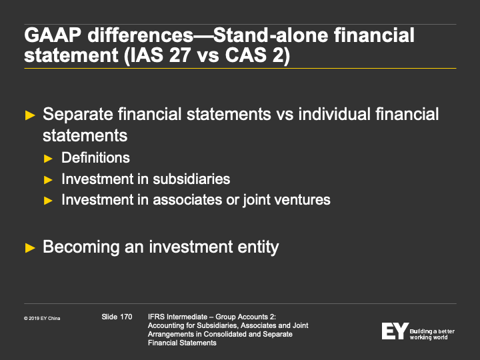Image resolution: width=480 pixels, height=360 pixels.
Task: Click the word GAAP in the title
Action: [x=53, y=35]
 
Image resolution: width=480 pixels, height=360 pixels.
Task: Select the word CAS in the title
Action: [x=245, y=55]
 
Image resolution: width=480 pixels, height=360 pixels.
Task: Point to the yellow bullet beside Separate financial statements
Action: [x=30, y=115]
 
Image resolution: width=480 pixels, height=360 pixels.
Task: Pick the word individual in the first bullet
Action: [x=334, y=114]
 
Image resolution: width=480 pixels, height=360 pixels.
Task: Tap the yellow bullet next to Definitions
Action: [x=48, y=159]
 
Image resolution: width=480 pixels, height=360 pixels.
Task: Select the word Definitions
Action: [x=95, y=157]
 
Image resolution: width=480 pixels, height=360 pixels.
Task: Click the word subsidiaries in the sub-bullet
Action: [x=191, y=179]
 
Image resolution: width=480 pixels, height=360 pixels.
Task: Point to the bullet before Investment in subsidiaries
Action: [x=48, y=180]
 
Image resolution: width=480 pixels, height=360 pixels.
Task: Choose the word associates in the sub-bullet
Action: [x=187, y=200]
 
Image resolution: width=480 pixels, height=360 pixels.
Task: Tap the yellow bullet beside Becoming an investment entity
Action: [x=30, y=248]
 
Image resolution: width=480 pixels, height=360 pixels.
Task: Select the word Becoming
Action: [x=81, y=247]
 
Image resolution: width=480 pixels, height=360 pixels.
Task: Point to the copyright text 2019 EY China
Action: [x=42, y=319]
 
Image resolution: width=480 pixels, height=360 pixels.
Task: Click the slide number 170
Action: [x=126, y=317]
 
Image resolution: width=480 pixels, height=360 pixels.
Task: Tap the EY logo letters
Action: [x=395, y=331]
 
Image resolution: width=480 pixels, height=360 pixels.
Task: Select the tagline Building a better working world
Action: [x=432, y=334]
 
